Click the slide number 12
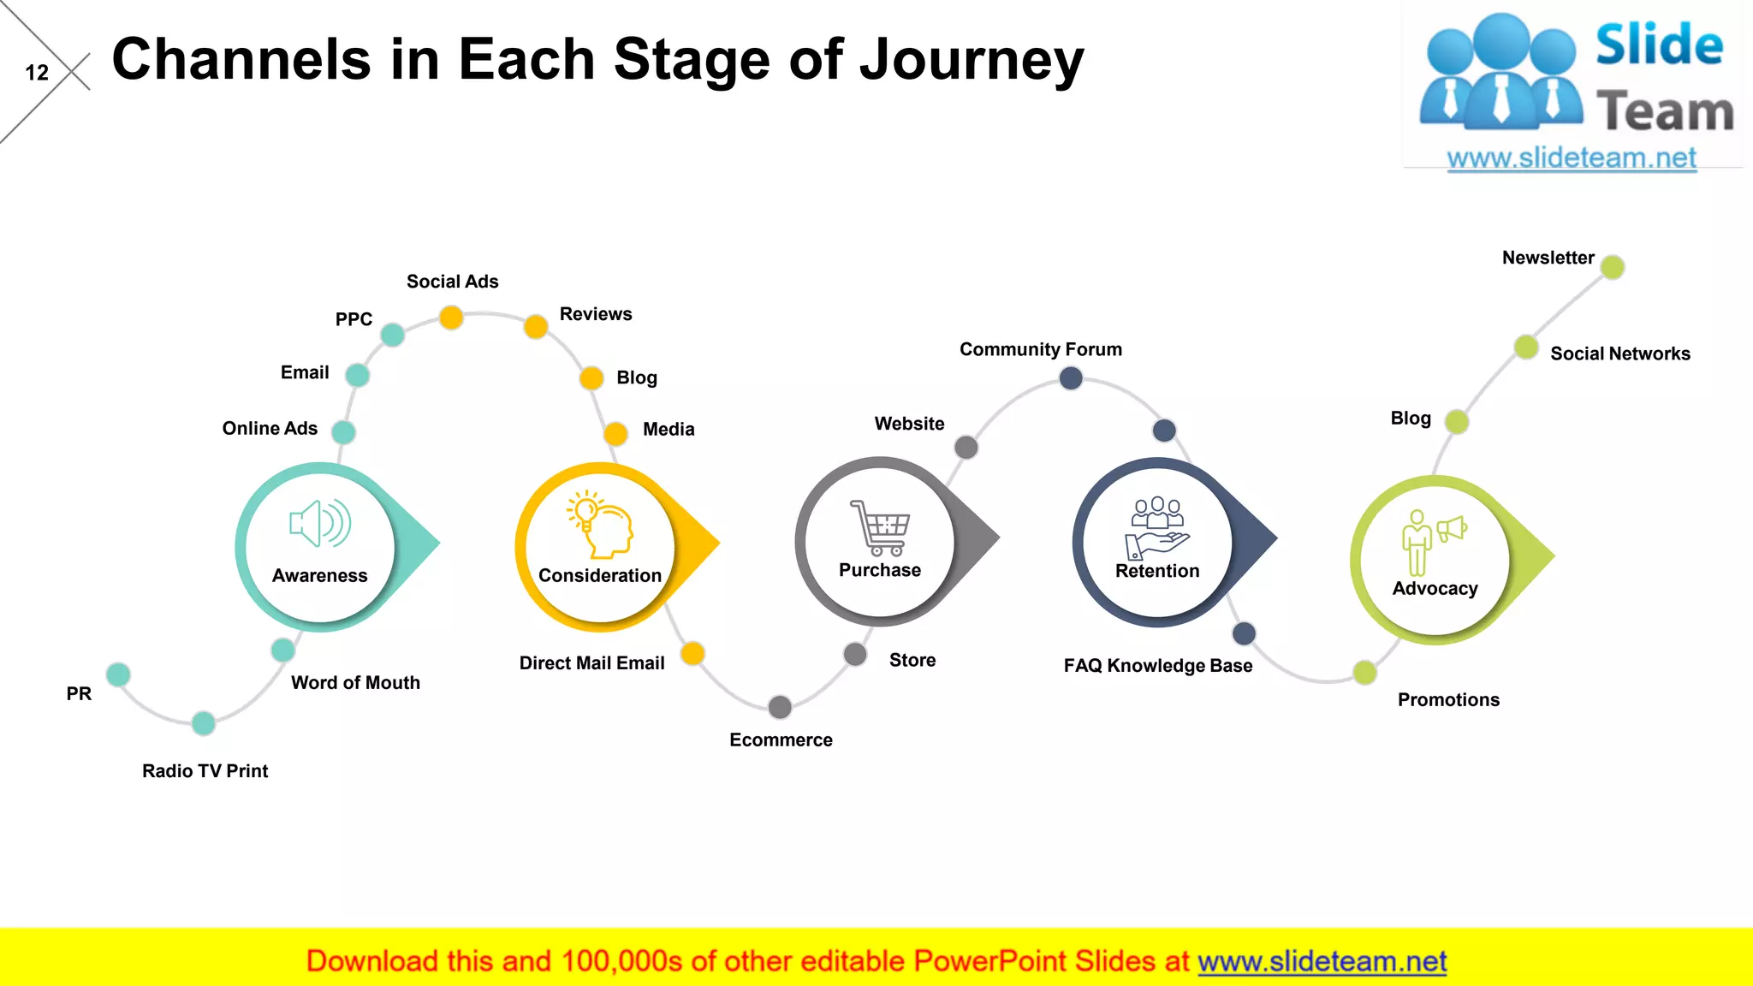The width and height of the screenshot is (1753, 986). tap(37, 73)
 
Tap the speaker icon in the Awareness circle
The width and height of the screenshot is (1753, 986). tap(320, 523)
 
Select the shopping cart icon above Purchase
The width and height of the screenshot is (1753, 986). tap(880, 527)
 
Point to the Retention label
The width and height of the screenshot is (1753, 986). tap(1157, 571)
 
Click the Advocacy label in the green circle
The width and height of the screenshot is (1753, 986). tap(1435, 589)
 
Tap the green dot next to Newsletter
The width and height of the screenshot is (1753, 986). tap(1613, 267)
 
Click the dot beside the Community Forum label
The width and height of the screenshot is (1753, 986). tap(1071, 377)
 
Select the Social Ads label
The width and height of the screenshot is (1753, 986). tap(452, 282)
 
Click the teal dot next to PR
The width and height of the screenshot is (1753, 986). tap(118, 674)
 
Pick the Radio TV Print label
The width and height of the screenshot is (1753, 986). tap(205, 771)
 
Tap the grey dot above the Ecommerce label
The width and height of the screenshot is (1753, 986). tap(780, 707)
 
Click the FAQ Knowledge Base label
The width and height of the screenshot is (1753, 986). tap(1157, 666)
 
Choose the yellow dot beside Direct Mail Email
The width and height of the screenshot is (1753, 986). tap(692, 654)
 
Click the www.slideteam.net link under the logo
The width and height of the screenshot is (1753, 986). tap(1572, 157)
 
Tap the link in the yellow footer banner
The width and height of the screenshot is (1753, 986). tap(1322, 961)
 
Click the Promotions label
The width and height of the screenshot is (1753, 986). tap(1448, 700)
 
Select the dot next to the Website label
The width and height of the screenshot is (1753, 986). tap(966, 447)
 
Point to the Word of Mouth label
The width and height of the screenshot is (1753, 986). tap(355, 683)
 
